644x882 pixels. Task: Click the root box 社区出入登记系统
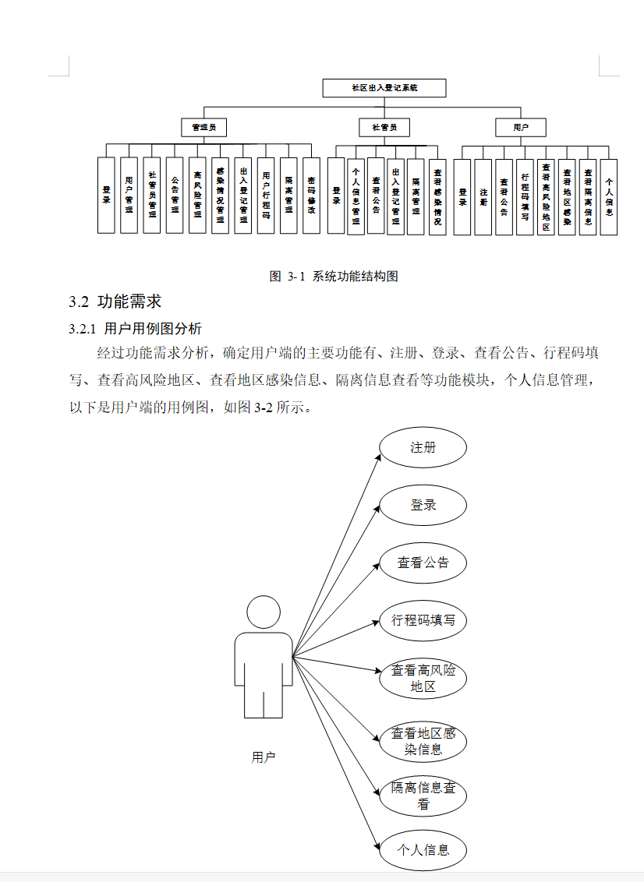[384, 88]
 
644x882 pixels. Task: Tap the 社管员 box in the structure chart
[384, 126]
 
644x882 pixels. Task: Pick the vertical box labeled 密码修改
[311, 196]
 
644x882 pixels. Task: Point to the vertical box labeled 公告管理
[175, 196]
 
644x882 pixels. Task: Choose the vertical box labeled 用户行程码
[266, 196]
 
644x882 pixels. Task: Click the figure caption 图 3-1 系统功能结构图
[334, 277]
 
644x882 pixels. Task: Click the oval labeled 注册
[423, 448]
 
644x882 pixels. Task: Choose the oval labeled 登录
[423, 506]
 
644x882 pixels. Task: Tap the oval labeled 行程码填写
[423, 621]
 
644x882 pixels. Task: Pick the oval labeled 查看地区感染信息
[423, 742]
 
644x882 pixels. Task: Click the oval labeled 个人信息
[423, 849]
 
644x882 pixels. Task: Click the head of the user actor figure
[264, 612]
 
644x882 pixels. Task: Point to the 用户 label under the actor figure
[264, 757]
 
